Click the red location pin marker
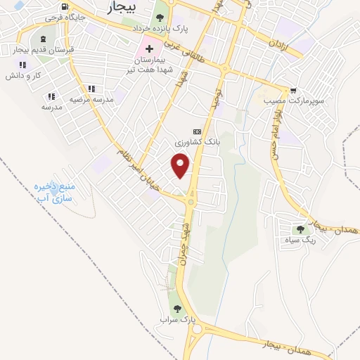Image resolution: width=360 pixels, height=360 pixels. [181, 166]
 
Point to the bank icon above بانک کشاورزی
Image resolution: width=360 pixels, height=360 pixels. [196, 131]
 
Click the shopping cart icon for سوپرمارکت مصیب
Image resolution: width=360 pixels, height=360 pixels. [292, 91]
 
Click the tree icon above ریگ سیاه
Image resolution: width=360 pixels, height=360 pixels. [301, 229]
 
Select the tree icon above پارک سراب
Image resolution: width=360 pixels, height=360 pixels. [176, 309]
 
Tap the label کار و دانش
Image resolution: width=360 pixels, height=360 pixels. [31, 74]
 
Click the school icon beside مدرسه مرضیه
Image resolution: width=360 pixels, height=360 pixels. [91, 89]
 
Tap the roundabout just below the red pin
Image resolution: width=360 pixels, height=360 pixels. [191, 202]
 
